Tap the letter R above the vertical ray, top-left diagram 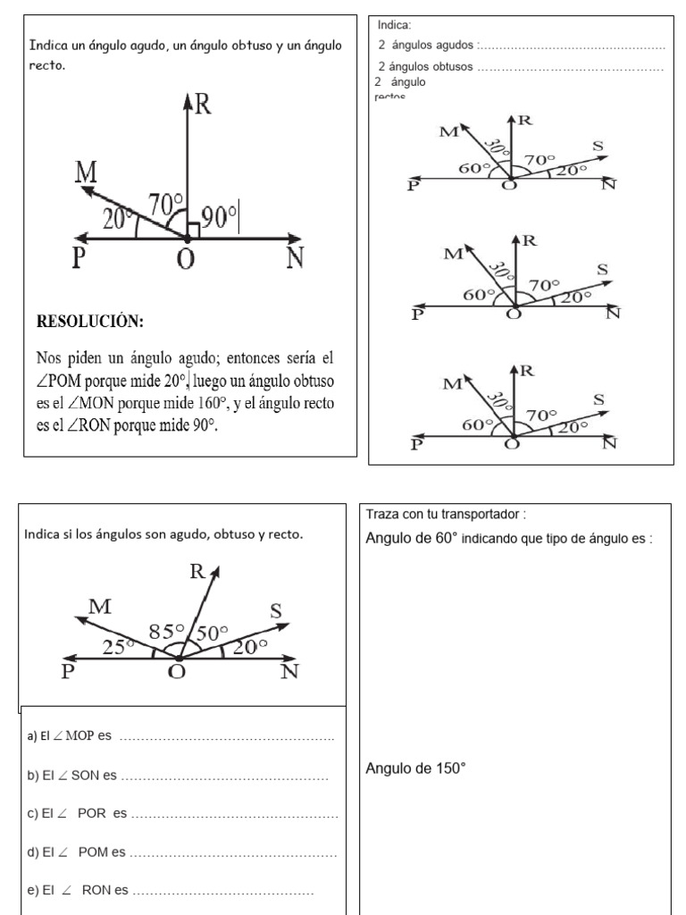click(x=203, y=105)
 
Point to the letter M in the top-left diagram click(x=86, y=173)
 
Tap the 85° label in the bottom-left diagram click(x=166, y=631)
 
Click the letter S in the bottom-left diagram click(x=276, y=611)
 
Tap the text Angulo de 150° click(x=416, y=768)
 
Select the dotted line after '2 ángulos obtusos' click(x=572, y=68)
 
